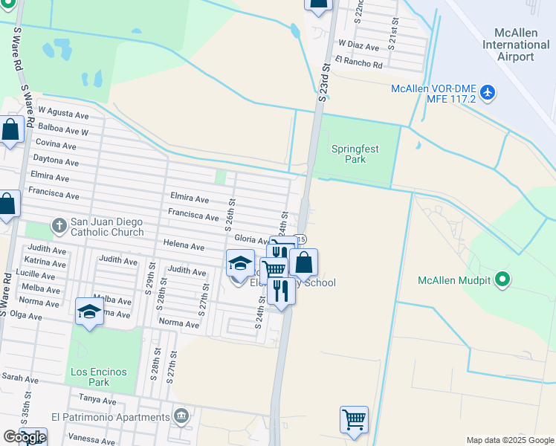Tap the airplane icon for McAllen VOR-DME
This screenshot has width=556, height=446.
[x=488, y=92]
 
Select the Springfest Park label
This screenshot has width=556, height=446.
[x=355, y=154]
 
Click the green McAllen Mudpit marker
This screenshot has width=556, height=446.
[x=503, y=279]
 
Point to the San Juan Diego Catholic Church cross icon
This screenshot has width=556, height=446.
[x=59, y=224]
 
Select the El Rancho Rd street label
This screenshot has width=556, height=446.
[x=358, y=65]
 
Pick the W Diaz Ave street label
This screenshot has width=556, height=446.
[x=358, y=46]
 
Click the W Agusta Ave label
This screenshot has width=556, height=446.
[x=63, y=114]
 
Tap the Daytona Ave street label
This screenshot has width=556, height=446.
[x=56, y=161]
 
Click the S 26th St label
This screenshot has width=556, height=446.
[x=231, y=214]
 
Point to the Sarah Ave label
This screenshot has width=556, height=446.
[x=20, y=378]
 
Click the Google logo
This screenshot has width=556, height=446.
[x=25, y=436]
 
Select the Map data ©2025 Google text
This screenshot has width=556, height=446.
[x=509, y=440]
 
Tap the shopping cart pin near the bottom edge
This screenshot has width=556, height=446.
[x=355, y=419]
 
